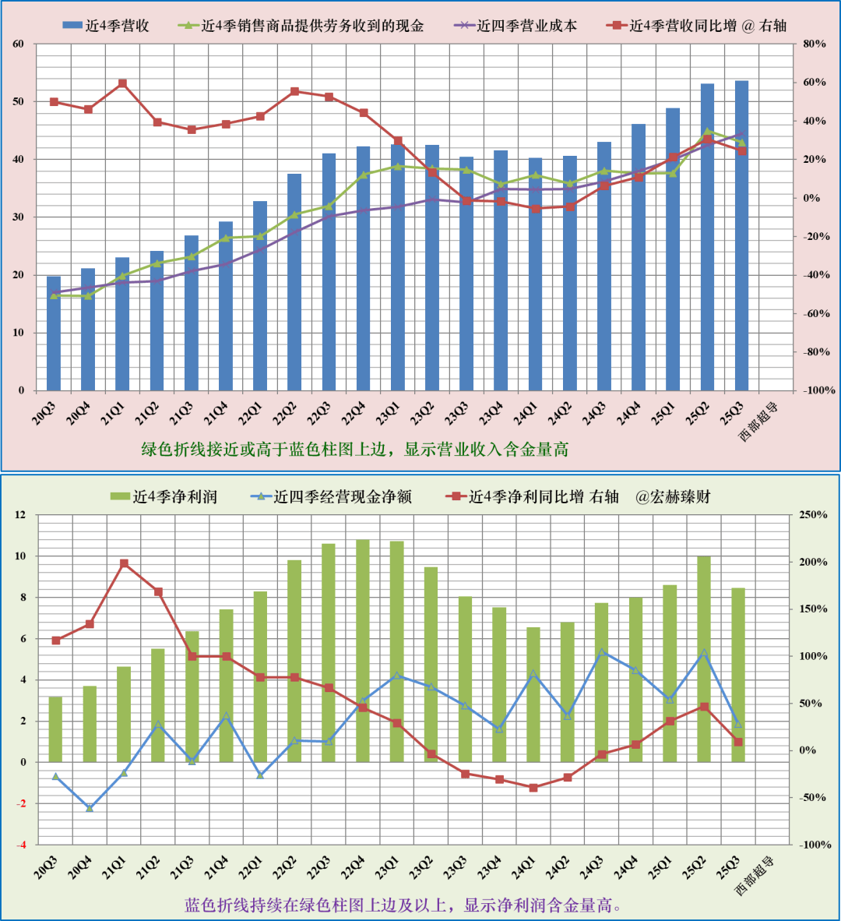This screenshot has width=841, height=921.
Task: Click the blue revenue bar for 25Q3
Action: point(741,234)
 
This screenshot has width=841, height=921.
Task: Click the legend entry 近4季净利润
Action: point(164,497)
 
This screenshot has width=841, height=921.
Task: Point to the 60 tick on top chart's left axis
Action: point(19,44)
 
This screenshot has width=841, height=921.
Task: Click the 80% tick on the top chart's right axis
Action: point(814,44)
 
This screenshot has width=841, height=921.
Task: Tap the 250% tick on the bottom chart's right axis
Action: point(813,515)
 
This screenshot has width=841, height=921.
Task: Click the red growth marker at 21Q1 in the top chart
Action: point(122,83)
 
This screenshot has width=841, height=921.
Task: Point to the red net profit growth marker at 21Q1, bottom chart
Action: point(124,563)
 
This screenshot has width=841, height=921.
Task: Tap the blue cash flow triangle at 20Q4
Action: point(90,808)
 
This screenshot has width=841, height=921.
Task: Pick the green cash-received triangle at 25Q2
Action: point(707,132)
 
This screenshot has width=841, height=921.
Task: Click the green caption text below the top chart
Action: point(354,450)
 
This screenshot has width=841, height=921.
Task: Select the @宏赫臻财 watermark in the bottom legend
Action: point(673,497)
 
